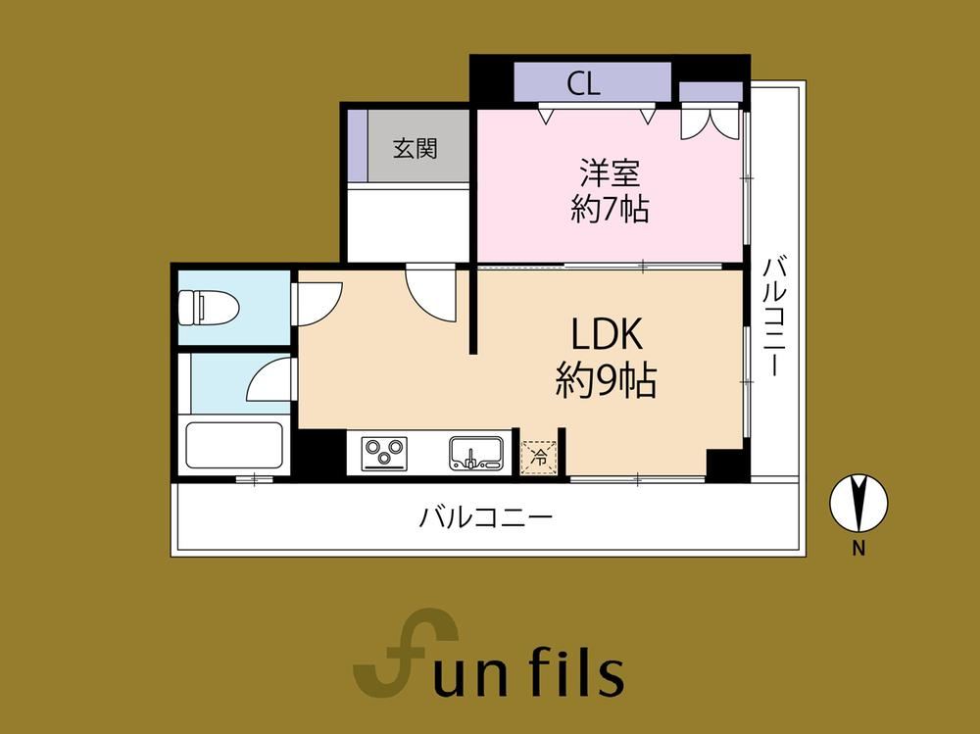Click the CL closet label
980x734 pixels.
pyautogui.click(x=584, y=83)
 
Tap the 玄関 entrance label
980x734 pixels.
pyautogui.click(x=415, y=148)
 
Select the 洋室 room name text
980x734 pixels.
pyautogui.click(x=610, y=173)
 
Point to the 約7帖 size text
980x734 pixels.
pyautogui.click(x=610, y=209)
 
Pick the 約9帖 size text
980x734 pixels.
pyautogui.click(x=607, y=381)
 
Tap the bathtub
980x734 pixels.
pyautogui.click(x=234, y=448)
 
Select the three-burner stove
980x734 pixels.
pyautogui.click(x=385, y=454)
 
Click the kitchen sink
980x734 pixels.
pyautogui.click(x=476, y=454)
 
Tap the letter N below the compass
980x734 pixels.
pyautogui.click(x=858, y=549)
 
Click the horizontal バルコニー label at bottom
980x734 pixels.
pyautogui.click(x=486, y=517)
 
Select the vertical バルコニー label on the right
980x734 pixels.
pyautogui.click(x=774, y=316)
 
